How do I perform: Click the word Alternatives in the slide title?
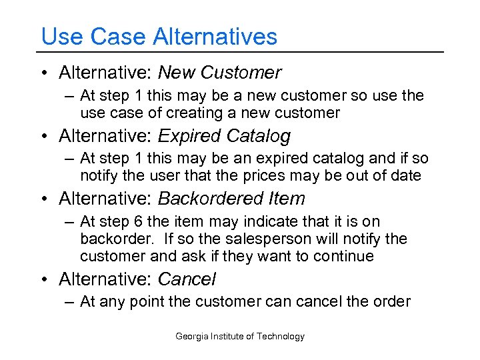click(x=215, y=36)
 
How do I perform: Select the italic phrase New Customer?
click(x=219, y=73)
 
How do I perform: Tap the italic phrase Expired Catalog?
click(x=224, y=136)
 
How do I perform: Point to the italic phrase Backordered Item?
click(x=231, y=199)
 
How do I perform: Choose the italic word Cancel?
click(x=187, y=279)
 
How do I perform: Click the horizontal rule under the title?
click(x=240, y=52)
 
